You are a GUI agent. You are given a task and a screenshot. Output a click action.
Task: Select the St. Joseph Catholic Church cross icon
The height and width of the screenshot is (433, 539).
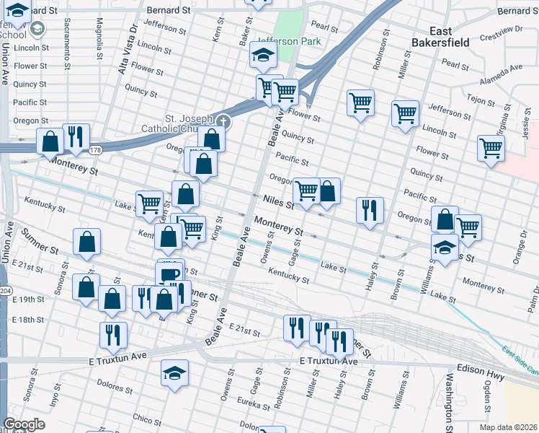click(223, 121)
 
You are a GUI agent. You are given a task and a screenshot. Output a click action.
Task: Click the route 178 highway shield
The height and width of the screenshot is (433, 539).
click(95, 151)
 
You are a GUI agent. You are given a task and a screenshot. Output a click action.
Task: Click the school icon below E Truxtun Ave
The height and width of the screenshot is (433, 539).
click(174, 373)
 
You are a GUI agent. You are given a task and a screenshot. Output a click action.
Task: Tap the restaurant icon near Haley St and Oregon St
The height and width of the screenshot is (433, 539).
click(370, 210)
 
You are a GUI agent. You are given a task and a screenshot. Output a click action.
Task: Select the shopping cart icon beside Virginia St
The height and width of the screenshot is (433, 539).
click(491, 148)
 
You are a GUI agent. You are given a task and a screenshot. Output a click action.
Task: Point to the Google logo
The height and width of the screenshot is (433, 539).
click(24, 424)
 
